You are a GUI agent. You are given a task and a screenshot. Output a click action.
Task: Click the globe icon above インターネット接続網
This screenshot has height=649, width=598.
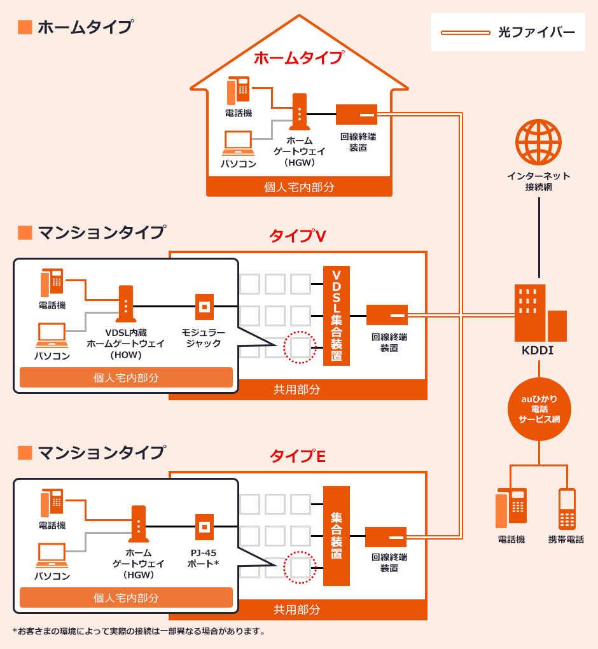click(538, 142)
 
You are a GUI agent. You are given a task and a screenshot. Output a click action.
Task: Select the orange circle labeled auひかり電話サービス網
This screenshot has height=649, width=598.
click(539, 409)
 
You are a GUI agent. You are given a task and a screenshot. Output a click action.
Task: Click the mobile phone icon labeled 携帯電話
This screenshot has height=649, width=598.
click(567, 509)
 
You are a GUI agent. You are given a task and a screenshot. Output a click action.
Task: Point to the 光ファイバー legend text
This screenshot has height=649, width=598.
click(536, 32)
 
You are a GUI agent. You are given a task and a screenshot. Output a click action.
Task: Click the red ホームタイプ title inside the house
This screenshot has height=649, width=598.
click(299, 58)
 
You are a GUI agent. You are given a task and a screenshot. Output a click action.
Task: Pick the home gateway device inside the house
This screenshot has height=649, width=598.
click(300, 112)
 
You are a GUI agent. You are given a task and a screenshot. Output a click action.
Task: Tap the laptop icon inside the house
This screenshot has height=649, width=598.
click(238, 143)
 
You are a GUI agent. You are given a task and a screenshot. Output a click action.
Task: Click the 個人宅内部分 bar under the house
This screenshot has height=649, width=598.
click(299, 187)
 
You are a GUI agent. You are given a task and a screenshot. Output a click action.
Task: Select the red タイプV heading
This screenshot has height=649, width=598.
click(298, 236)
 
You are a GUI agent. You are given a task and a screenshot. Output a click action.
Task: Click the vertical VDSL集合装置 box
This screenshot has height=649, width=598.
click(337, 316)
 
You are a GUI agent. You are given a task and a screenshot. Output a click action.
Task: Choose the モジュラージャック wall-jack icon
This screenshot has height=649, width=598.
click(204, 307)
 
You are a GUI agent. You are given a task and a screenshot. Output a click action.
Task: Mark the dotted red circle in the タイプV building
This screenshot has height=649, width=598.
click(300, 347)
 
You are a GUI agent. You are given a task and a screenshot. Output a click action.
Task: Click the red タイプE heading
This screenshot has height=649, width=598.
click(298, 456)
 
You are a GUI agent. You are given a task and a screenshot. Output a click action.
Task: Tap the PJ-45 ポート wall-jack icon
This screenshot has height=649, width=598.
click(204, 527)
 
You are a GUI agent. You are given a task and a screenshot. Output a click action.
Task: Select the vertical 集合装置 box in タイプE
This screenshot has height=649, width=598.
click(337, 536)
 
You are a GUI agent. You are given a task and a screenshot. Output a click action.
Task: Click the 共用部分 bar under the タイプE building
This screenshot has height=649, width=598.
click(297, 610)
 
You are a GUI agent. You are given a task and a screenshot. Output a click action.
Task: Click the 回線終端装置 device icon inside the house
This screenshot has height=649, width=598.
click(356, 115)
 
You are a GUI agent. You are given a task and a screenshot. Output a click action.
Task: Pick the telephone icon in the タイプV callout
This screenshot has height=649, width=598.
click(52, 283)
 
